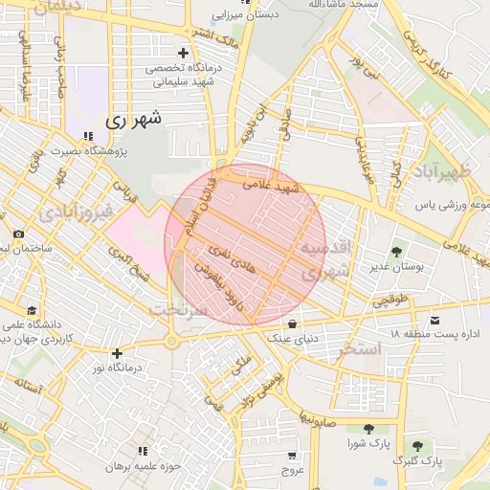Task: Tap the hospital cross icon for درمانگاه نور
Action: pyautogui.click(x=117, y=353)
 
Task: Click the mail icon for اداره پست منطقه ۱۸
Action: pyautogui.click(x=436, y=319)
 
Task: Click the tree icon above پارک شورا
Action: pyautogui.click(x=368, y=429)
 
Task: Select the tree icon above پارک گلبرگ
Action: pyautogui.click(x=417, y=445)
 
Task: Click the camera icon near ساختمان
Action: pyautogui.click(x=18, y=234)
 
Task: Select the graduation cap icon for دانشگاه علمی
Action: pyautogui.click(x=32, y=310)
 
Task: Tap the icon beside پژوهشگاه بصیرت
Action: pyautogui.click(x=88, y=137)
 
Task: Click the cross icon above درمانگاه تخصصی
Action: pyautogui.click(x=182, y=53)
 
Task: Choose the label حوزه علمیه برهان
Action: pyautogui.click(x=143, y=465)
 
